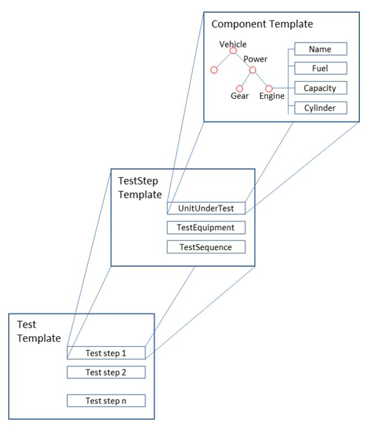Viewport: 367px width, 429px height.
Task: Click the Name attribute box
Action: click(x=320, y=49)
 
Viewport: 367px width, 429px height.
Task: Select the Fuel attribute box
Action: click(x=320, y=68)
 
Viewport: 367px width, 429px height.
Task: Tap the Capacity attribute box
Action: click(x=320, y=88)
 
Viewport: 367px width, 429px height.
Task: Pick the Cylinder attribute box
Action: click(x=320, y=107)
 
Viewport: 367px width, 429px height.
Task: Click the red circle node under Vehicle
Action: click(x=233, y=51)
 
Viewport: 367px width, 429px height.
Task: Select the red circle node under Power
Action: click(x=253, y=70)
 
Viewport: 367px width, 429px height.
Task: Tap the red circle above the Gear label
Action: click(x=239, y=88)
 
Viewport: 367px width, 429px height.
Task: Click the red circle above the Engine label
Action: click(x=269, y=88)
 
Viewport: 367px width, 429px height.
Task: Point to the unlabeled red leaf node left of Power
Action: click(x=214, y=70)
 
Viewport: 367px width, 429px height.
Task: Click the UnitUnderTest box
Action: click(x=206, y=208)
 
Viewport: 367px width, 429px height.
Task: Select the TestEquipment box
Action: click(x=206, y=227)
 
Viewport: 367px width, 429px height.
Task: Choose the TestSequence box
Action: click(x=206, y=247)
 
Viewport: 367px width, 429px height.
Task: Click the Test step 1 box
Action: click(x=106, y=352)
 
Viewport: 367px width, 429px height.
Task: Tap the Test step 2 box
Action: click(x=106, y=372)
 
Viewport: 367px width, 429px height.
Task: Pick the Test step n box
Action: click(x=106, y=400)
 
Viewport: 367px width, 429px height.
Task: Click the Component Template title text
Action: click(x=262, y=24)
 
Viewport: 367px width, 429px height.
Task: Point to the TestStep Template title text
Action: click(x=140, y=188)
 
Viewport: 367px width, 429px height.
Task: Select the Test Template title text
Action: click(x=39, y=331)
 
